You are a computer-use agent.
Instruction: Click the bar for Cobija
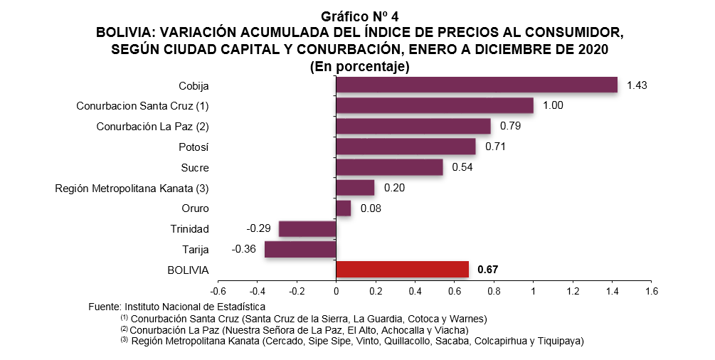[x=477, y=85]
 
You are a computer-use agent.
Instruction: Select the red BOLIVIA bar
[x=402, y=269]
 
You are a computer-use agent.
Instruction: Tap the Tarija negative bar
[x=300, y=249]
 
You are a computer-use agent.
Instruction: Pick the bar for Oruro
[x=344, y=208]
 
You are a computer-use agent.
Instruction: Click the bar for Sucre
[x=389, y=167]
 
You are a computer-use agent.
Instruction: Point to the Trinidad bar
[x=307, y=228]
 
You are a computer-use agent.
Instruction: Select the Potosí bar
[x=406, y=147]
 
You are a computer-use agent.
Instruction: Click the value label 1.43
[x=637, y=85]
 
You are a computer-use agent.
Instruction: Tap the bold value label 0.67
[x=487, y=270]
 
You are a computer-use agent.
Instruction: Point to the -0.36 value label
[x=243, y=249]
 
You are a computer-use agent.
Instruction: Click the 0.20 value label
[x=394, y=188]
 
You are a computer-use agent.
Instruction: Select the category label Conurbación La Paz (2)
[x=152, y=127]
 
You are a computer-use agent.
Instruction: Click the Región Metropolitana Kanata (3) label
[x=132, y=188]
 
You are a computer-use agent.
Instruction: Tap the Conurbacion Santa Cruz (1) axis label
[x=142, y=106]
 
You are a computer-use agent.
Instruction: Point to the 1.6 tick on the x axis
[x=652, y=291]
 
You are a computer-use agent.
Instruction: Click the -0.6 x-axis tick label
[x=218, y=291]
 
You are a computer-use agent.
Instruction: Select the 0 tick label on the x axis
[x=336, y=291]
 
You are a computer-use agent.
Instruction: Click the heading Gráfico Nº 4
[x=360, y=17]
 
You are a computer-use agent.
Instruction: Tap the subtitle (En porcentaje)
[x=360, y=67]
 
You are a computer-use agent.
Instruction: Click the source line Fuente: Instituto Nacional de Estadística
[x=176, y=307]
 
